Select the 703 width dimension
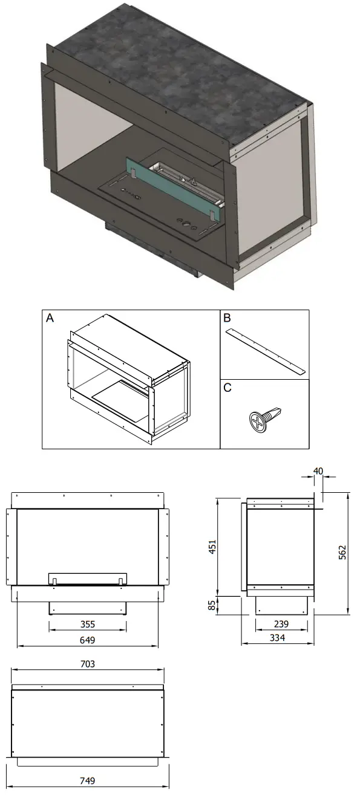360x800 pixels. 88,663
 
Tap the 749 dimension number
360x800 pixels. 87,781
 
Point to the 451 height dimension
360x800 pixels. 212,547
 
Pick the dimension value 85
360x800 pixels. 212,605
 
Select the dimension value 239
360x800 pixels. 281,624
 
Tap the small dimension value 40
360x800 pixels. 318,470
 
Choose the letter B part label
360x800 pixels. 227,318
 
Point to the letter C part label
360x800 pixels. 227,388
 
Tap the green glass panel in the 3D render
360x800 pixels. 172,187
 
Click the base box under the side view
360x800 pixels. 281,602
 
